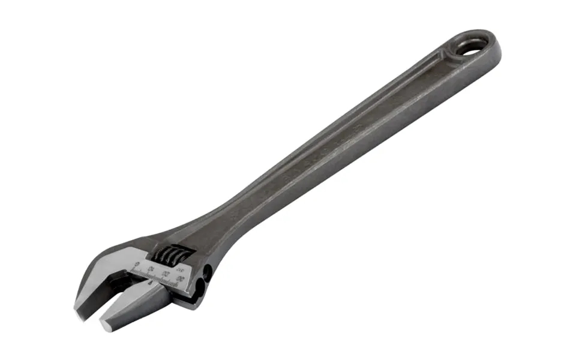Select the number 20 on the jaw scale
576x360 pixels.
click(x=166, y=273)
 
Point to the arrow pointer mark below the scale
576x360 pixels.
click(x=150, y=283)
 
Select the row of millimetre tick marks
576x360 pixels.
click(x=157, y=277)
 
